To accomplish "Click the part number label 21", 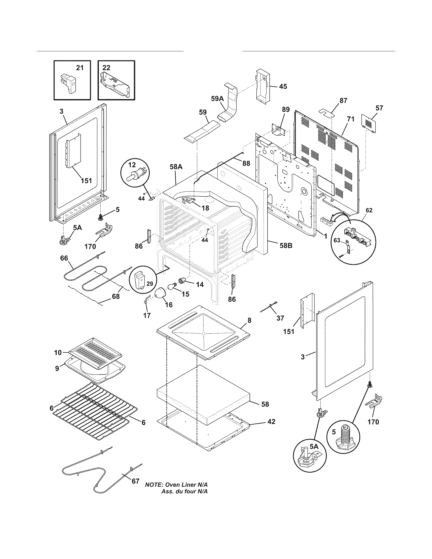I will click(x=80, y=68).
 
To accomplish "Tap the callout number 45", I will click(x=283, y=86).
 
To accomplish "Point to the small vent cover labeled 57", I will click(x=368, y=124).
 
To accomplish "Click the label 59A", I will click(x=217, y=99).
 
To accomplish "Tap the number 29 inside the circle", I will click(x=150, y=284).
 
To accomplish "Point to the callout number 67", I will click(x=135, y=481).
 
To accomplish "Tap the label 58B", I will click(x=286, y=246).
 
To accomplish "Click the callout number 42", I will click(x=271, y=421).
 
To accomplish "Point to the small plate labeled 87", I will click(x=326, y=113).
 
